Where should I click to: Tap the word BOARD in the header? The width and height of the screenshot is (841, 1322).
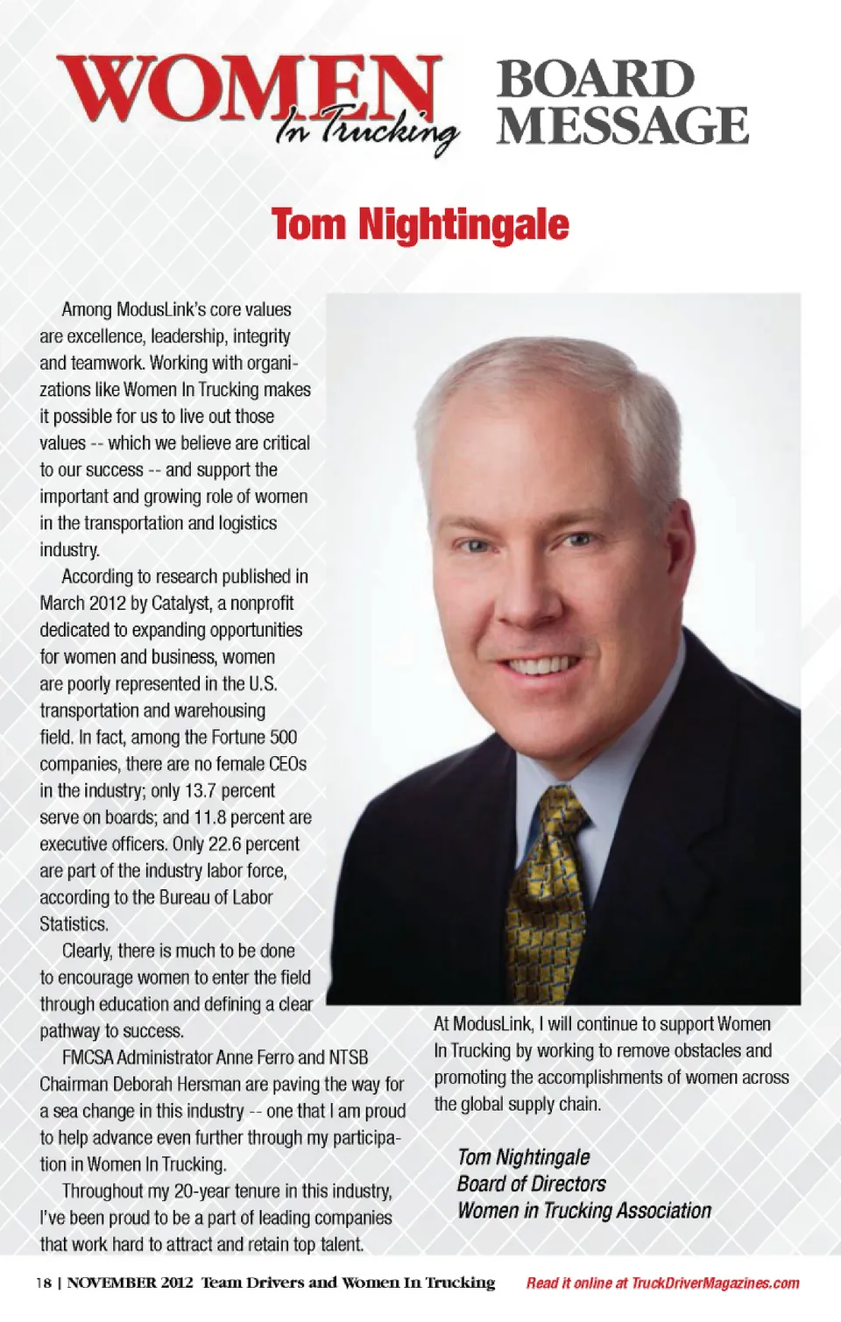pyautogui.click(x=596, y=79)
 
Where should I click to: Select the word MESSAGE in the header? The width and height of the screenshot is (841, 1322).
pyautogui.click(x=623, y=125)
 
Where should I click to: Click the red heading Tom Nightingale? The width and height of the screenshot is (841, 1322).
pyautogui.click(x=420, y=223)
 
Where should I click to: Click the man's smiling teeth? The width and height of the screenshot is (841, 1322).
pyautogui.click(x=540, y=665)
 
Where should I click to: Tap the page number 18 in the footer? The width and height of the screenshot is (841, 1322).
pyautogui.click(x=44, y=1283)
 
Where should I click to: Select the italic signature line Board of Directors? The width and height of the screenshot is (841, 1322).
pyautogui.click(x=531, y=1184)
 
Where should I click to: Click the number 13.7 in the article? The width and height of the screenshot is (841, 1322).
pyautogui.click(x=200, y=790)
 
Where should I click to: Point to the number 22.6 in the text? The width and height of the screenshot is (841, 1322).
pyautogui.click(x=225, y=844)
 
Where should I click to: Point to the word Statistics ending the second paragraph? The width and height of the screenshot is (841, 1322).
pyautogui.click(x=74, y=923)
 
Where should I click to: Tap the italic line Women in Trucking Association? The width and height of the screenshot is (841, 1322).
pyautogui.click(x=583, y=1211)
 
